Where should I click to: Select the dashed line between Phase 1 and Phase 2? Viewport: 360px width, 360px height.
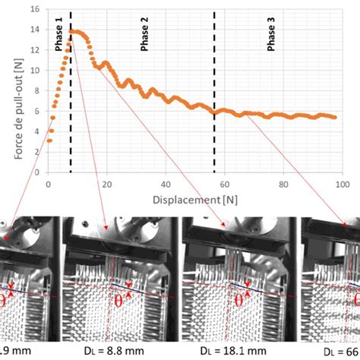tap(71, 99)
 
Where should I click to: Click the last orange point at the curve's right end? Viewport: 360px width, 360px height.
tap(335, 116)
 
